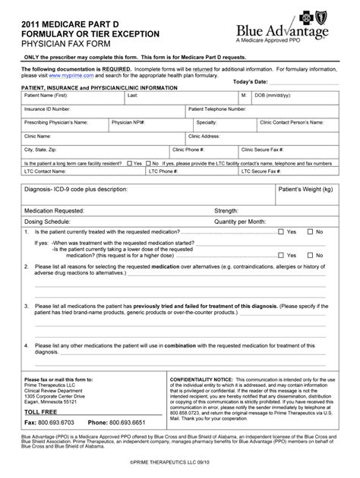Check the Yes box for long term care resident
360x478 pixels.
[130, 162]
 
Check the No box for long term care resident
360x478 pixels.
[147, 162]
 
